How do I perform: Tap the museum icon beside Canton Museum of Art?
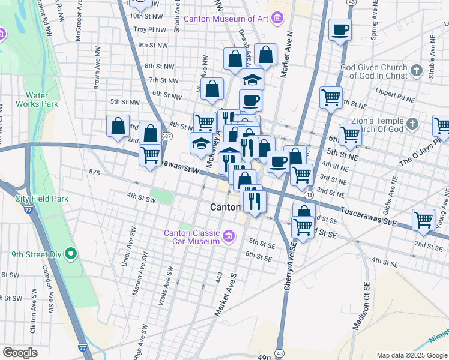277,18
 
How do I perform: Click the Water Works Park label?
41,100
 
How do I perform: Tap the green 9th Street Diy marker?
71,254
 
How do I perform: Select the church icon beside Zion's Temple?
412,124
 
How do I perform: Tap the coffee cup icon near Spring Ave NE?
340,29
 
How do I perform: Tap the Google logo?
20,353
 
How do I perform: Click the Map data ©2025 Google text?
411,355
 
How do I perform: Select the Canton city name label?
225,206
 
